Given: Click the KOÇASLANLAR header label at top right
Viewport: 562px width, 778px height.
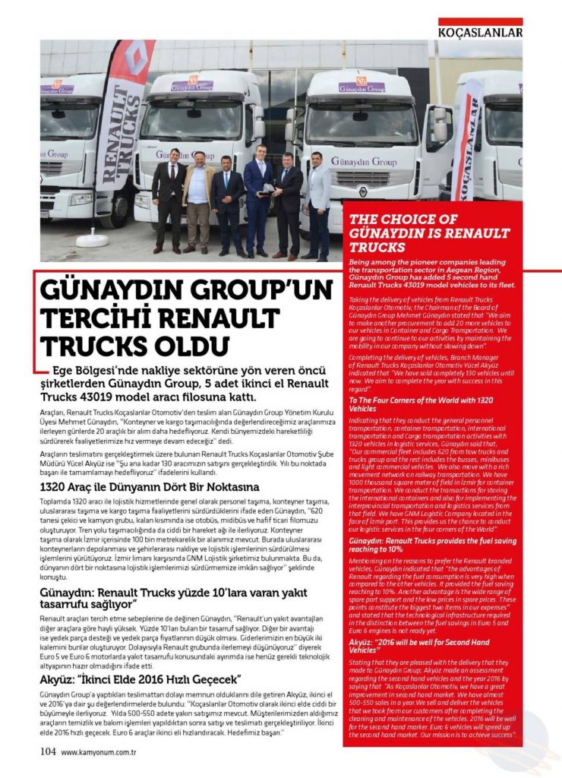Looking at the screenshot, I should pos(479,32).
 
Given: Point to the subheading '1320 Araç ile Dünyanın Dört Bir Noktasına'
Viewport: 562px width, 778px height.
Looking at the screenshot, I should pos(139,486).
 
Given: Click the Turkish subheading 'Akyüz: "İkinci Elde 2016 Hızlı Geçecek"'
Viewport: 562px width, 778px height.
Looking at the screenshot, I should pos(141,678).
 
